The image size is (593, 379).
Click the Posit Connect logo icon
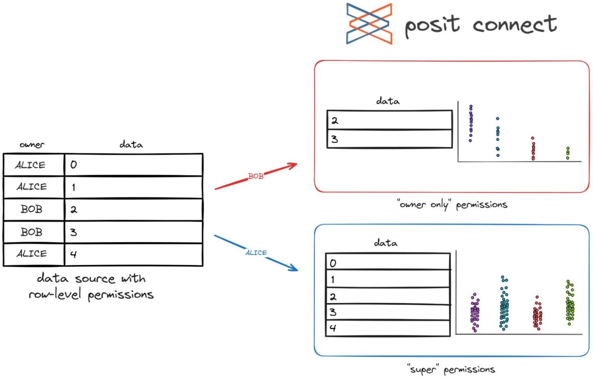369,24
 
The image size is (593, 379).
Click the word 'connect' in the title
515,25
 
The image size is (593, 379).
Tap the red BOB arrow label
256,176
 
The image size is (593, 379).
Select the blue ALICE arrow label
256,252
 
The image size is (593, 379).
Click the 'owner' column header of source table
32,145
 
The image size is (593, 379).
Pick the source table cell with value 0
133,165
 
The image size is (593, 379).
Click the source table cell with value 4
133,254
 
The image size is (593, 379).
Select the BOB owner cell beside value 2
32,209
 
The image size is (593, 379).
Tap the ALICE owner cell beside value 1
32,187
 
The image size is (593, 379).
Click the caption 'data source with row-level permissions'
91,286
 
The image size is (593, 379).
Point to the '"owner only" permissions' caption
452,205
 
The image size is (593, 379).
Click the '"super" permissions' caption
451,369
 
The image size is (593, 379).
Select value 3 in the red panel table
389,139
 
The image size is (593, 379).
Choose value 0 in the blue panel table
388,263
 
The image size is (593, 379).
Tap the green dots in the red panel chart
568,153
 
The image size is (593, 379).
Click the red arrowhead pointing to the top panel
293,165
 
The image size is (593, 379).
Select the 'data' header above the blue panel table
385,243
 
